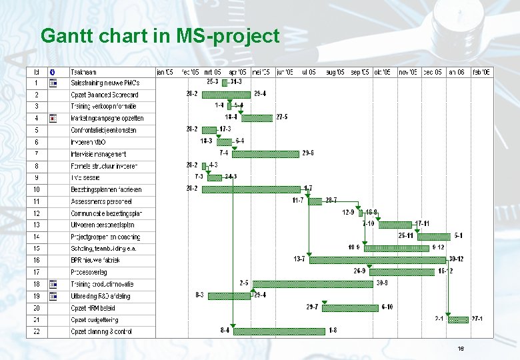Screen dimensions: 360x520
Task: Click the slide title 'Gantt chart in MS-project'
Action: click(x=160, y=35)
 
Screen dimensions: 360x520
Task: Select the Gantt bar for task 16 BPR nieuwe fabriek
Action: click(x=379, y=260)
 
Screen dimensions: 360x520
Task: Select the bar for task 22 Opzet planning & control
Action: click(x=280, y=331)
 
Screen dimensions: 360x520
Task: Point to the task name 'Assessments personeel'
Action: click(x=101, y=201)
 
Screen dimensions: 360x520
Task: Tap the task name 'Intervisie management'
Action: click(x=98, y=154)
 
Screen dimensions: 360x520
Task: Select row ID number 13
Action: click(x=37, y=225)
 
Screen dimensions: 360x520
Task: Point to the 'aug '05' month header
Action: click(x=335, y=72)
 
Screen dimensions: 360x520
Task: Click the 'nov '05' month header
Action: click(x=408, y=72)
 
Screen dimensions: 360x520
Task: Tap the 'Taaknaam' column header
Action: click(x=84, y=72)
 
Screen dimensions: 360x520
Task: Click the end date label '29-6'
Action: click(x=308, y=153)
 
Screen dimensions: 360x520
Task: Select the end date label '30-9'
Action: click(x=382, y=283)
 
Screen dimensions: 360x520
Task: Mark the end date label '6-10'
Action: click(x=387, y=307)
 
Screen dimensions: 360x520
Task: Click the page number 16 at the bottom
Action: click(x=460, y=349)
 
